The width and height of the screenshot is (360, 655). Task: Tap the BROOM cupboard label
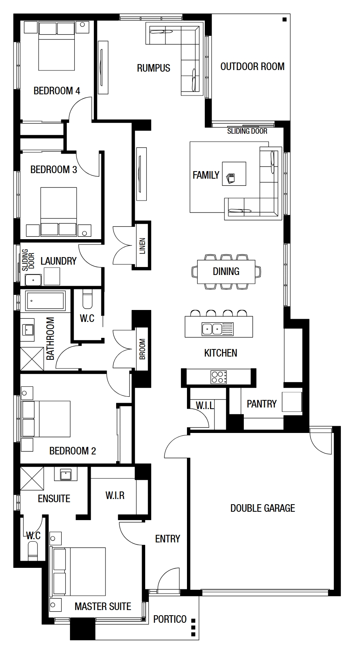coord(142,349)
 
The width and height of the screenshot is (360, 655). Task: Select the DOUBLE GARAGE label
coord(263,508)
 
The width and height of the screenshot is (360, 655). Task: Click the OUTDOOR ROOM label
coord(253,66)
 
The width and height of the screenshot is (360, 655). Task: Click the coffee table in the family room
coord(234,173)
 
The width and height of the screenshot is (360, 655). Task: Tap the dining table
coord(226,272)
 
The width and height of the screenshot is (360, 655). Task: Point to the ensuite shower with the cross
coord(32,478)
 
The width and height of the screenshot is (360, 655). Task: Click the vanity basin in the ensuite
coord(66,475)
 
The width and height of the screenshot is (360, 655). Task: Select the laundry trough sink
coord(33,280)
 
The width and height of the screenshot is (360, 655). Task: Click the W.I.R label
coord(115,495)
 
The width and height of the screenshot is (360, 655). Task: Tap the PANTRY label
coord(261,404)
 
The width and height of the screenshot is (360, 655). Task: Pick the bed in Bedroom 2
coord(46,419)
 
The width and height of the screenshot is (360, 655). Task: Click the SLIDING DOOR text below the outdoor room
coord(247,131)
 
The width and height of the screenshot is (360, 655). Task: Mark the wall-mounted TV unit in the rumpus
coord(103,68)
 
